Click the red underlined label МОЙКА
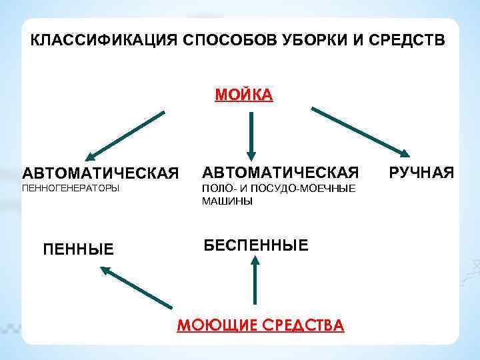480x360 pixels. [243, 95]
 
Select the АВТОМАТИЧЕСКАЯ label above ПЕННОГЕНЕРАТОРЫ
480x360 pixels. [101, 173]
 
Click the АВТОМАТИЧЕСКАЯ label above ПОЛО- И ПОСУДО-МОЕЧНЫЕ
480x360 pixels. [281, 172]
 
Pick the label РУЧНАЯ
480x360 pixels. [421, 173]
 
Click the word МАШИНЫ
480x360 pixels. [227, 201]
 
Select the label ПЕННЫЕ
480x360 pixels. [78, 249]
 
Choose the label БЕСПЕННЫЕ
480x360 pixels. [256, 245]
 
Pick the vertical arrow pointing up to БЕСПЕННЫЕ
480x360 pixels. [254, 281]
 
